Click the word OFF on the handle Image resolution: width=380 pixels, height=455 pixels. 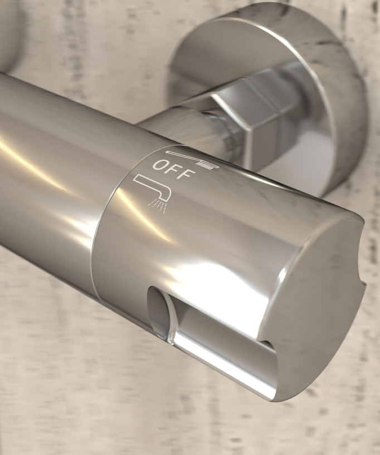pos(174,170)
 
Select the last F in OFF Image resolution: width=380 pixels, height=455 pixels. pos(188,175)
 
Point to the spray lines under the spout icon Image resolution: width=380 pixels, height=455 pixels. pos(158,206)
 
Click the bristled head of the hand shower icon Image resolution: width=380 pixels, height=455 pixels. pos(207,164)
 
